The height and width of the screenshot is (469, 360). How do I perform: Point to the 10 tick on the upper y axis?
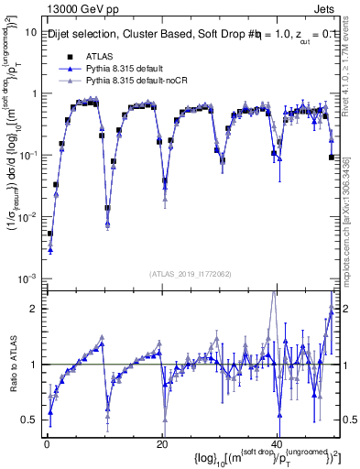pos(28,32)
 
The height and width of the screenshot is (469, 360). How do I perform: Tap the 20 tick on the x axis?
pos(161,442)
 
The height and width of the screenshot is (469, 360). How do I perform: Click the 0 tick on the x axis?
pos(46,442)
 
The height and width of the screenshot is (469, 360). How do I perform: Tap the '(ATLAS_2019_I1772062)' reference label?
pos(191,274)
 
